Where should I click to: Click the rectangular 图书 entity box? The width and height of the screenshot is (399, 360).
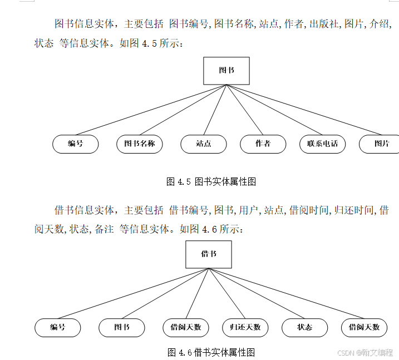[x=226, y=71]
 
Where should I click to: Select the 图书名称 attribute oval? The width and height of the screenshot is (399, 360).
[x=140, y=144]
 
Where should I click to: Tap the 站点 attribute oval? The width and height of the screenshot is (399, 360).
[x=204, y=144]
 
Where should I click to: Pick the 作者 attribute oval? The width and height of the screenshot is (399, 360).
[x=263, y=144]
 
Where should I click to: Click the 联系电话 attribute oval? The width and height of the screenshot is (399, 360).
[x=322, y=144]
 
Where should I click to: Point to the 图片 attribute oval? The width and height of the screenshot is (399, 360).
[x=381, y=144]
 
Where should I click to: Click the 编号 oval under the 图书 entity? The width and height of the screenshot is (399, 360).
[x=76, y=144]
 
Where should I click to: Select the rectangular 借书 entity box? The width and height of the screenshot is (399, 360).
[x=209, y=254]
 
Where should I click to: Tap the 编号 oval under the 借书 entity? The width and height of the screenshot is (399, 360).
[x=58, y=328]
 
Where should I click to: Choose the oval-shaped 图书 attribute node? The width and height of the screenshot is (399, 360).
[x=122, y=328]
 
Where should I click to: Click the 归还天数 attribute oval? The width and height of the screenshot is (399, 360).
[x=245, y=328]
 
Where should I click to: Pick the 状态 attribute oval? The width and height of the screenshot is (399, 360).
[x=304, y=328]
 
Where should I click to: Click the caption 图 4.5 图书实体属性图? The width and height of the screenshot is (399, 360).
[x=211, y=181]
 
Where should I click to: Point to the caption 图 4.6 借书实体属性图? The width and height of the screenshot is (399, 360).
[x=211, y=352]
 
